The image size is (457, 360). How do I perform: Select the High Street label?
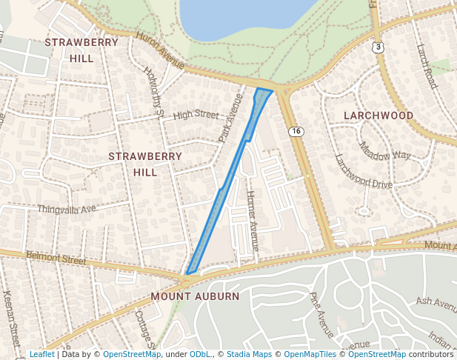coord(196,115)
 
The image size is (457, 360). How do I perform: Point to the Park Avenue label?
coord(230,119)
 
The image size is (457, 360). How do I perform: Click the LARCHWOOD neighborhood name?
coord(378,116)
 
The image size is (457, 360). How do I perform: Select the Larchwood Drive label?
coord(363,174)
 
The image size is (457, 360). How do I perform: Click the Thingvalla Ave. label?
coord(67,210)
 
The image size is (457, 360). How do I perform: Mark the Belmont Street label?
coord(56,258)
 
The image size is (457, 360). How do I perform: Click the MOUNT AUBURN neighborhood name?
coord(195,296)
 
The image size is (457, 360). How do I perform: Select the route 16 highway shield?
coord(296,131)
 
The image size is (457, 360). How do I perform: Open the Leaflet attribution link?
coord(41,354)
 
